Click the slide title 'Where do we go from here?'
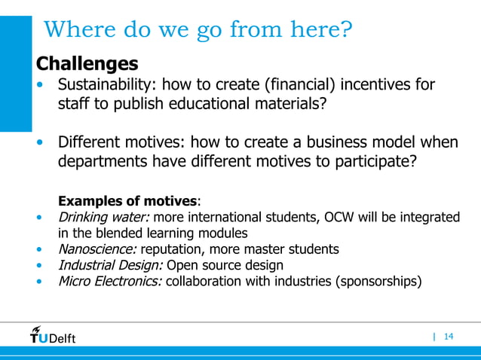[198, 31]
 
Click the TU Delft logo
[53, 335]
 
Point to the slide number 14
[449, 336]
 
